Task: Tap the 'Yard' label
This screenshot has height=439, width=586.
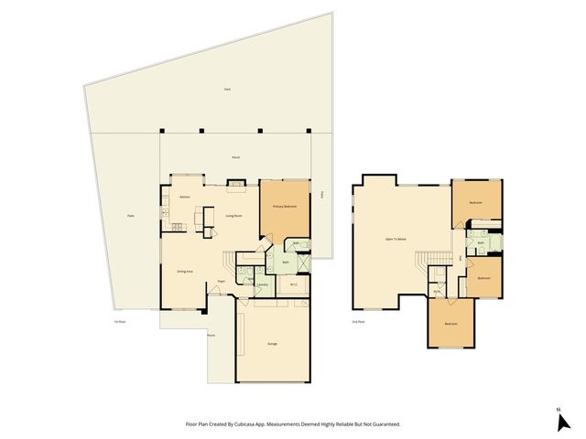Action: pyautogui.click(x=226, y=89)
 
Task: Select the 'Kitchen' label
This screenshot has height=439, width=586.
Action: pyautogui.click(x=184, y=198)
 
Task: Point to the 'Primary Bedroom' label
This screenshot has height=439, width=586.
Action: pyautogui.click(x=285, y=207)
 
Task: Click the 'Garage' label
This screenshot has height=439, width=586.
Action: pyautogui.click(x=273, y=344)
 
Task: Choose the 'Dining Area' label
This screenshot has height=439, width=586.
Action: pyautogui.click(x=184, y=271)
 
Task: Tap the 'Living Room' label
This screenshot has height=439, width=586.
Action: pyautogui.click(x=233, y=216)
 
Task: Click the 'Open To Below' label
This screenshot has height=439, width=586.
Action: pyautogui.click(x=396, y=238)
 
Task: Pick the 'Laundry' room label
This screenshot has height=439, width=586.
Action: pyautogui.click(x=262, y=284)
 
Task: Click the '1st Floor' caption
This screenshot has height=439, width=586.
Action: pyautogui.click(x=118, y=322)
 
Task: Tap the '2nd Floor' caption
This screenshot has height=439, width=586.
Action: pyautogui.click(x=358, y=322)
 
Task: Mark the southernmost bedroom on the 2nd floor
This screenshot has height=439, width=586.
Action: pyautogui.click(x=451, y=325)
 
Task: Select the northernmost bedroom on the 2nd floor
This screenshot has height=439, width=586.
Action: pyautogui.click(x=476, y=202)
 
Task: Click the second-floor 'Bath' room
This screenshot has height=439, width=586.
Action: pyautogui.click(x=481, y=242)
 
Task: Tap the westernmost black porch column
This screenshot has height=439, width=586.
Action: pyautogui.click(x=161, y=131)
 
